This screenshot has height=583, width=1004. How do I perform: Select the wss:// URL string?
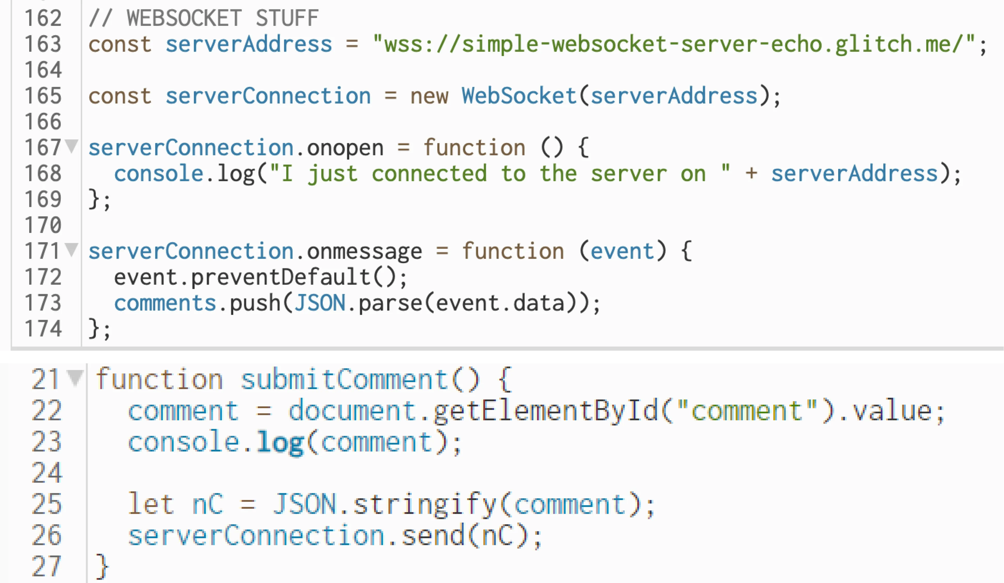pos(673,44)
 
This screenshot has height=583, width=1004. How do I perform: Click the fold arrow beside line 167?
pos(72,146)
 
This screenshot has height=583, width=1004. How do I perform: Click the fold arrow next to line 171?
pos(72,250)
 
